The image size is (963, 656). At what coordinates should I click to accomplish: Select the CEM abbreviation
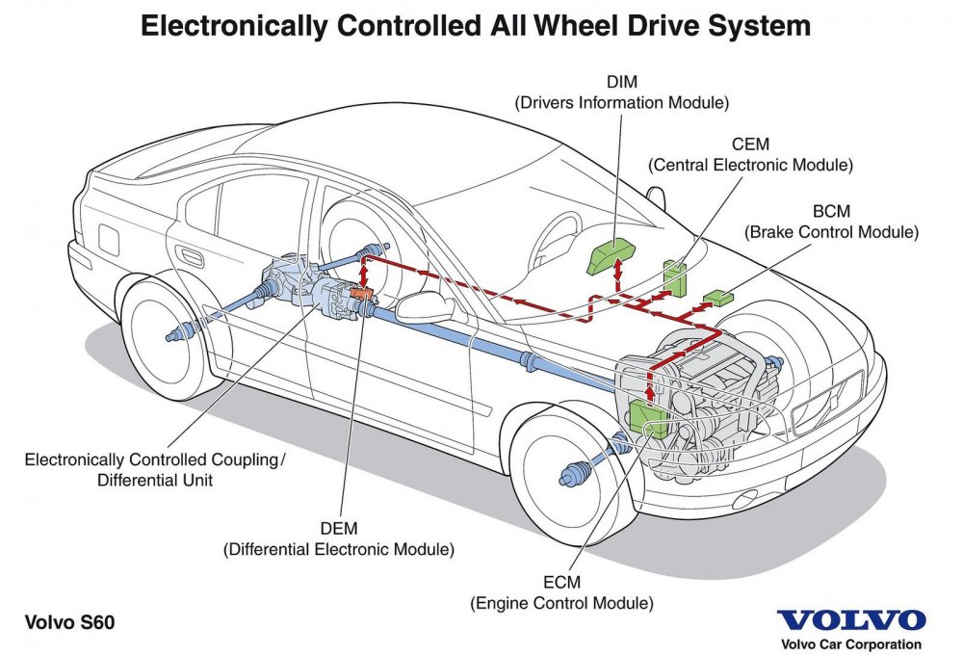(750, 145)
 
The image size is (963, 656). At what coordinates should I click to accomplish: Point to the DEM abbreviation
(338, 529)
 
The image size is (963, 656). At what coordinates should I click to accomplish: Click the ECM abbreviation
(561, 583)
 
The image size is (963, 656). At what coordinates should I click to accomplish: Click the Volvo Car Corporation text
(850, 644)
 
